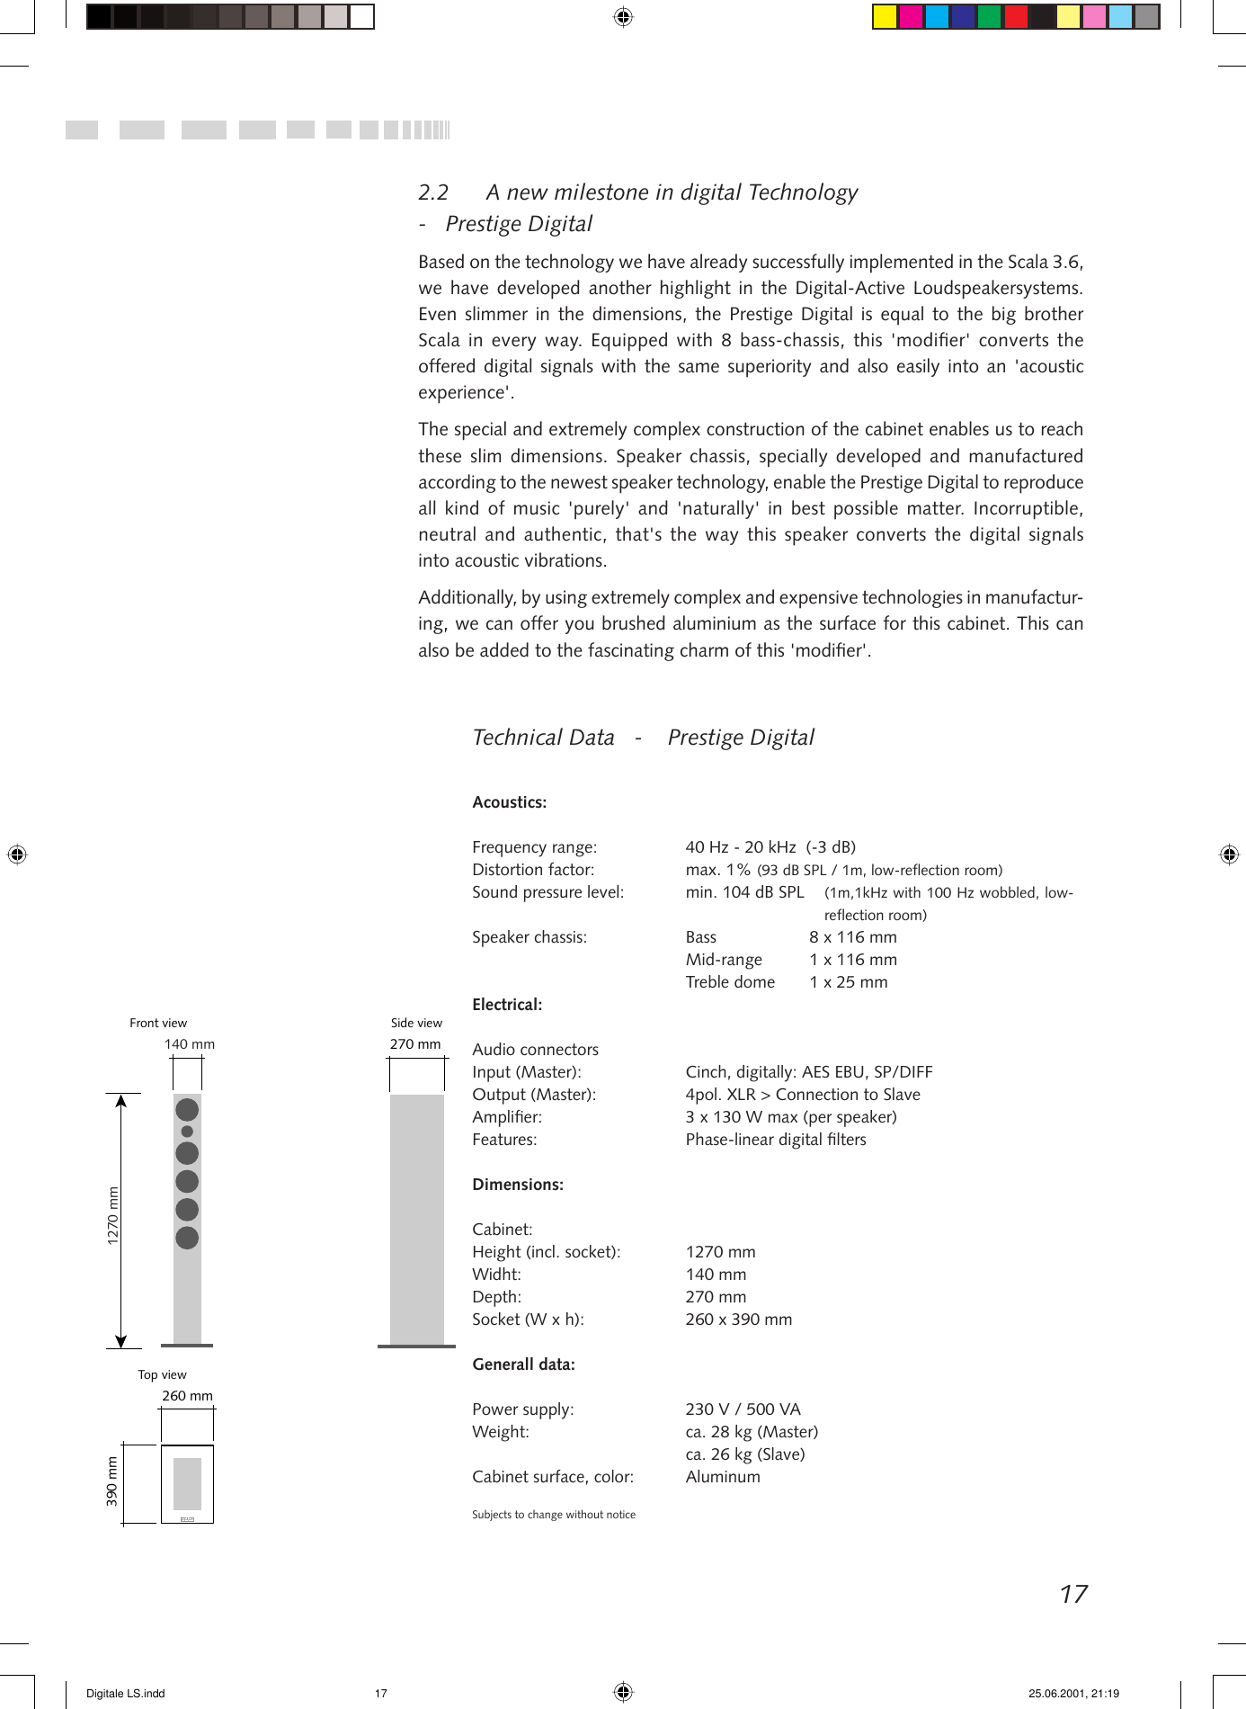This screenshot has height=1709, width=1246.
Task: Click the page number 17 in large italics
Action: coord(1073,1595)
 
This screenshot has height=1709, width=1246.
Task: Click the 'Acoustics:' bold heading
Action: coord(509,802)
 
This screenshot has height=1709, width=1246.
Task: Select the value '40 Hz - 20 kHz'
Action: coord(740,847)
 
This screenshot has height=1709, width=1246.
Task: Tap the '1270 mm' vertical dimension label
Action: coord(113,1216)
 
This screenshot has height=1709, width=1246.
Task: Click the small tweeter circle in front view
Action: coord(187,1132)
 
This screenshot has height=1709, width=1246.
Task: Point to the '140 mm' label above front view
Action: coord(189,1044)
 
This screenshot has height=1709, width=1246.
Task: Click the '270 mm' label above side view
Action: coord(414,1044)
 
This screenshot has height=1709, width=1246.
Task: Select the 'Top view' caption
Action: coord(162,1374)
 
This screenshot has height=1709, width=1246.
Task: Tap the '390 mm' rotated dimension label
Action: coord(112,1481)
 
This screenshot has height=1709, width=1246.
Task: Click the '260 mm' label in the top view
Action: coord(187,1396)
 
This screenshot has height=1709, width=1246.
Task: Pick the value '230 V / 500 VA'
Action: coord(743,1409)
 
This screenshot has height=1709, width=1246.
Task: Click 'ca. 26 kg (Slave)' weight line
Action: coord(744,1454)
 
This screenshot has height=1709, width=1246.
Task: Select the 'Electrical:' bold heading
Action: coord(507,1005)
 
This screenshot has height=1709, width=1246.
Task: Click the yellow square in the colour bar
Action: coord(885,17)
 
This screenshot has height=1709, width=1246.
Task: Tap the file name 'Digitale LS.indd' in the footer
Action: coord(125,1694)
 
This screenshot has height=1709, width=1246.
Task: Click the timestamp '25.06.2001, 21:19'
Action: coord(1073,1694)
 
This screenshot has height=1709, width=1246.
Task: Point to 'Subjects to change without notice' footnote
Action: coord(553,1515)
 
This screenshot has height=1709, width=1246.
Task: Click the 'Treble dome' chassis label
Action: coord(730,982)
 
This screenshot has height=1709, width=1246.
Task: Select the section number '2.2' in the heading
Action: coord(433,192)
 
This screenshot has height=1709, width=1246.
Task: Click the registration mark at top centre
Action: coord(623,17)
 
